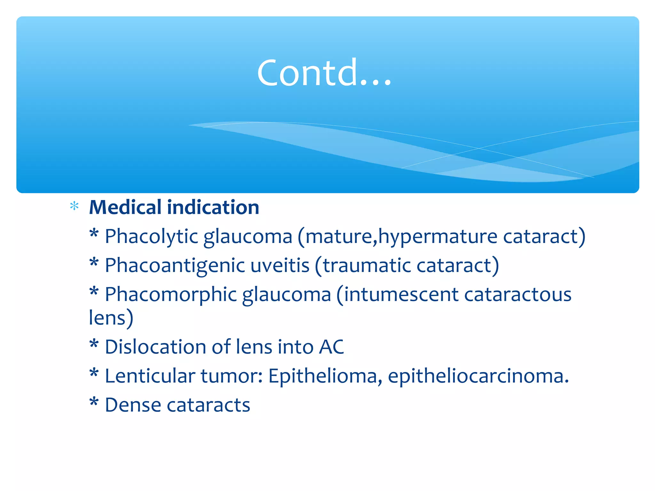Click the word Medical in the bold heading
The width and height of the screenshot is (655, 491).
[x=125, y=207]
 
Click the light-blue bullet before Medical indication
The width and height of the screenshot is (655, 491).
[x=74, y=206]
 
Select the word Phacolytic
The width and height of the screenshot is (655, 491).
[x=151, y=237]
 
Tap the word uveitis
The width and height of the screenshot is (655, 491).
[x=280, y=265]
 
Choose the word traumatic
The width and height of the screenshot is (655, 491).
[x=367, y=265]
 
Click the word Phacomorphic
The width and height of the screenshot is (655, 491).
[x=170, y=294]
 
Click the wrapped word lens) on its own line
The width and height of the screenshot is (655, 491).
[x=111, y=318]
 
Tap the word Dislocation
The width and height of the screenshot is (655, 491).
[x=155, y=347]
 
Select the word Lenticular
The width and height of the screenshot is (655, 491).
[x=150, y=376]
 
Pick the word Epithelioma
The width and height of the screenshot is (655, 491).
[x=323, y=376]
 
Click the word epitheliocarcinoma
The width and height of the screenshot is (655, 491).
[x=478, y=376]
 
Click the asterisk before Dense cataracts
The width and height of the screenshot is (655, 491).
[x=94, y=402]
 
